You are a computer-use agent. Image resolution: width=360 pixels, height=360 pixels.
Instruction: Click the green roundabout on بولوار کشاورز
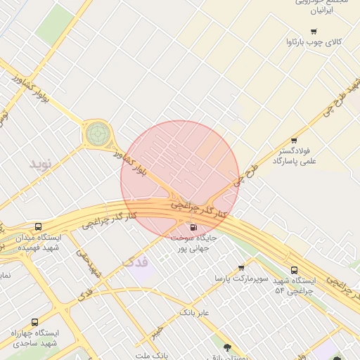[x=98, y=132]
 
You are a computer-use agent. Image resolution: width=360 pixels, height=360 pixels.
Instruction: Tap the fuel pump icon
[x=193, y=226]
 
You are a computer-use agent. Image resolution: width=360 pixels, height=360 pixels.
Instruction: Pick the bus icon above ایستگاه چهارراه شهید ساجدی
[x=34, y=322]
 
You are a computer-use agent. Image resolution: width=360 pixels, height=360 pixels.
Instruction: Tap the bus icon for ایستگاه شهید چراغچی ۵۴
[x=294, y=270]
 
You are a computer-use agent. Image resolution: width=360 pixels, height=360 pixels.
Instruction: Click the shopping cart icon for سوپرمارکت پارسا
[x=242, y=268]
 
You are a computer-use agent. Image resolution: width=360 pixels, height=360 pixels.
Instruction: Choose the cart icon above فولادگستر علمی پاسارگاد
[x=294, y=141]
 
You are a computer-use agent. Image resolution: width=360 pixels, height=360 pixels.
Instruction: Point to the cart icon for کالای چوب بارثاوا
[x=313, y=31]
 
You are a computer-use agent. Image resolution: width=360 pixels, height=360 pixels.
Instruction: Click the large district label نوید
[x=41, y=164]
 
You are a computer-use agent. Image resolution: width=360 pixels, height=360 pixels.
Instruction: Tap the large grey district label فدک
[x=135, y=262]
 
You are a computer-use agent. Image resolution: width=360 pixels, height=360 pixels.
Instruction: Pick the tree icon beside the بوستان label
[x=227, y=347]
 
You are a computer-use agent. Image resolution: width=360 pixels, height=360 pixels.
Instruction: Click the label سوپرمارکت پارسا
[x=242, y=279]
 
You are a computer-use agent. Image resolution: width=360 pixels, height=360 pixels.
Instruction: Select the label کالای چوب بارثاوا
[x=313, y=42]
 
